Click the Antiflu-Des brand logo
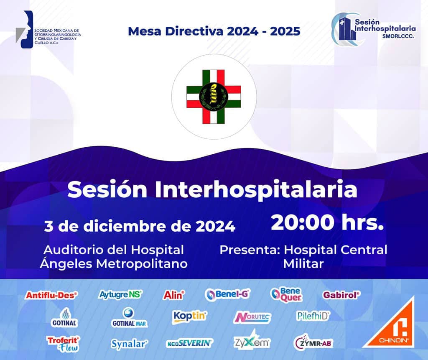coord(51,295)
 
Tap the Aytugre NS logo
coord(120,294)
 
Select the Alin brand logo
coord(174,295)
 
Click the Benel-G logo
coord(227,294)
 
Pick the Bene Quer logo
coord(286,295)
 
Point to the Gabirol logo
coord(341,295)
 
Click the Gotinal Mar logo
coord(130,318)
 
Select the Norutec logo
coord(252,317)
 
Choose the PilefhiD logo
coord(313,316)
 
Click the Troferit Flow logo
coord(63,344)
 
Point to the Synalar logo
coord(129,344)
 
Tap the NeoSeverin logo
coord(190,343)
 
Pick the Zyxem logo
coord(252,340)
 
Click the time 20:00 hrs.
coord(327,222)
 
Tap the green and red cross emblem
coord(214,97)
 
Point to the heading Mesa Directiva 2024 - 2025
coord(214,31)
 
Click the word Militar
coord(303,264)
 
